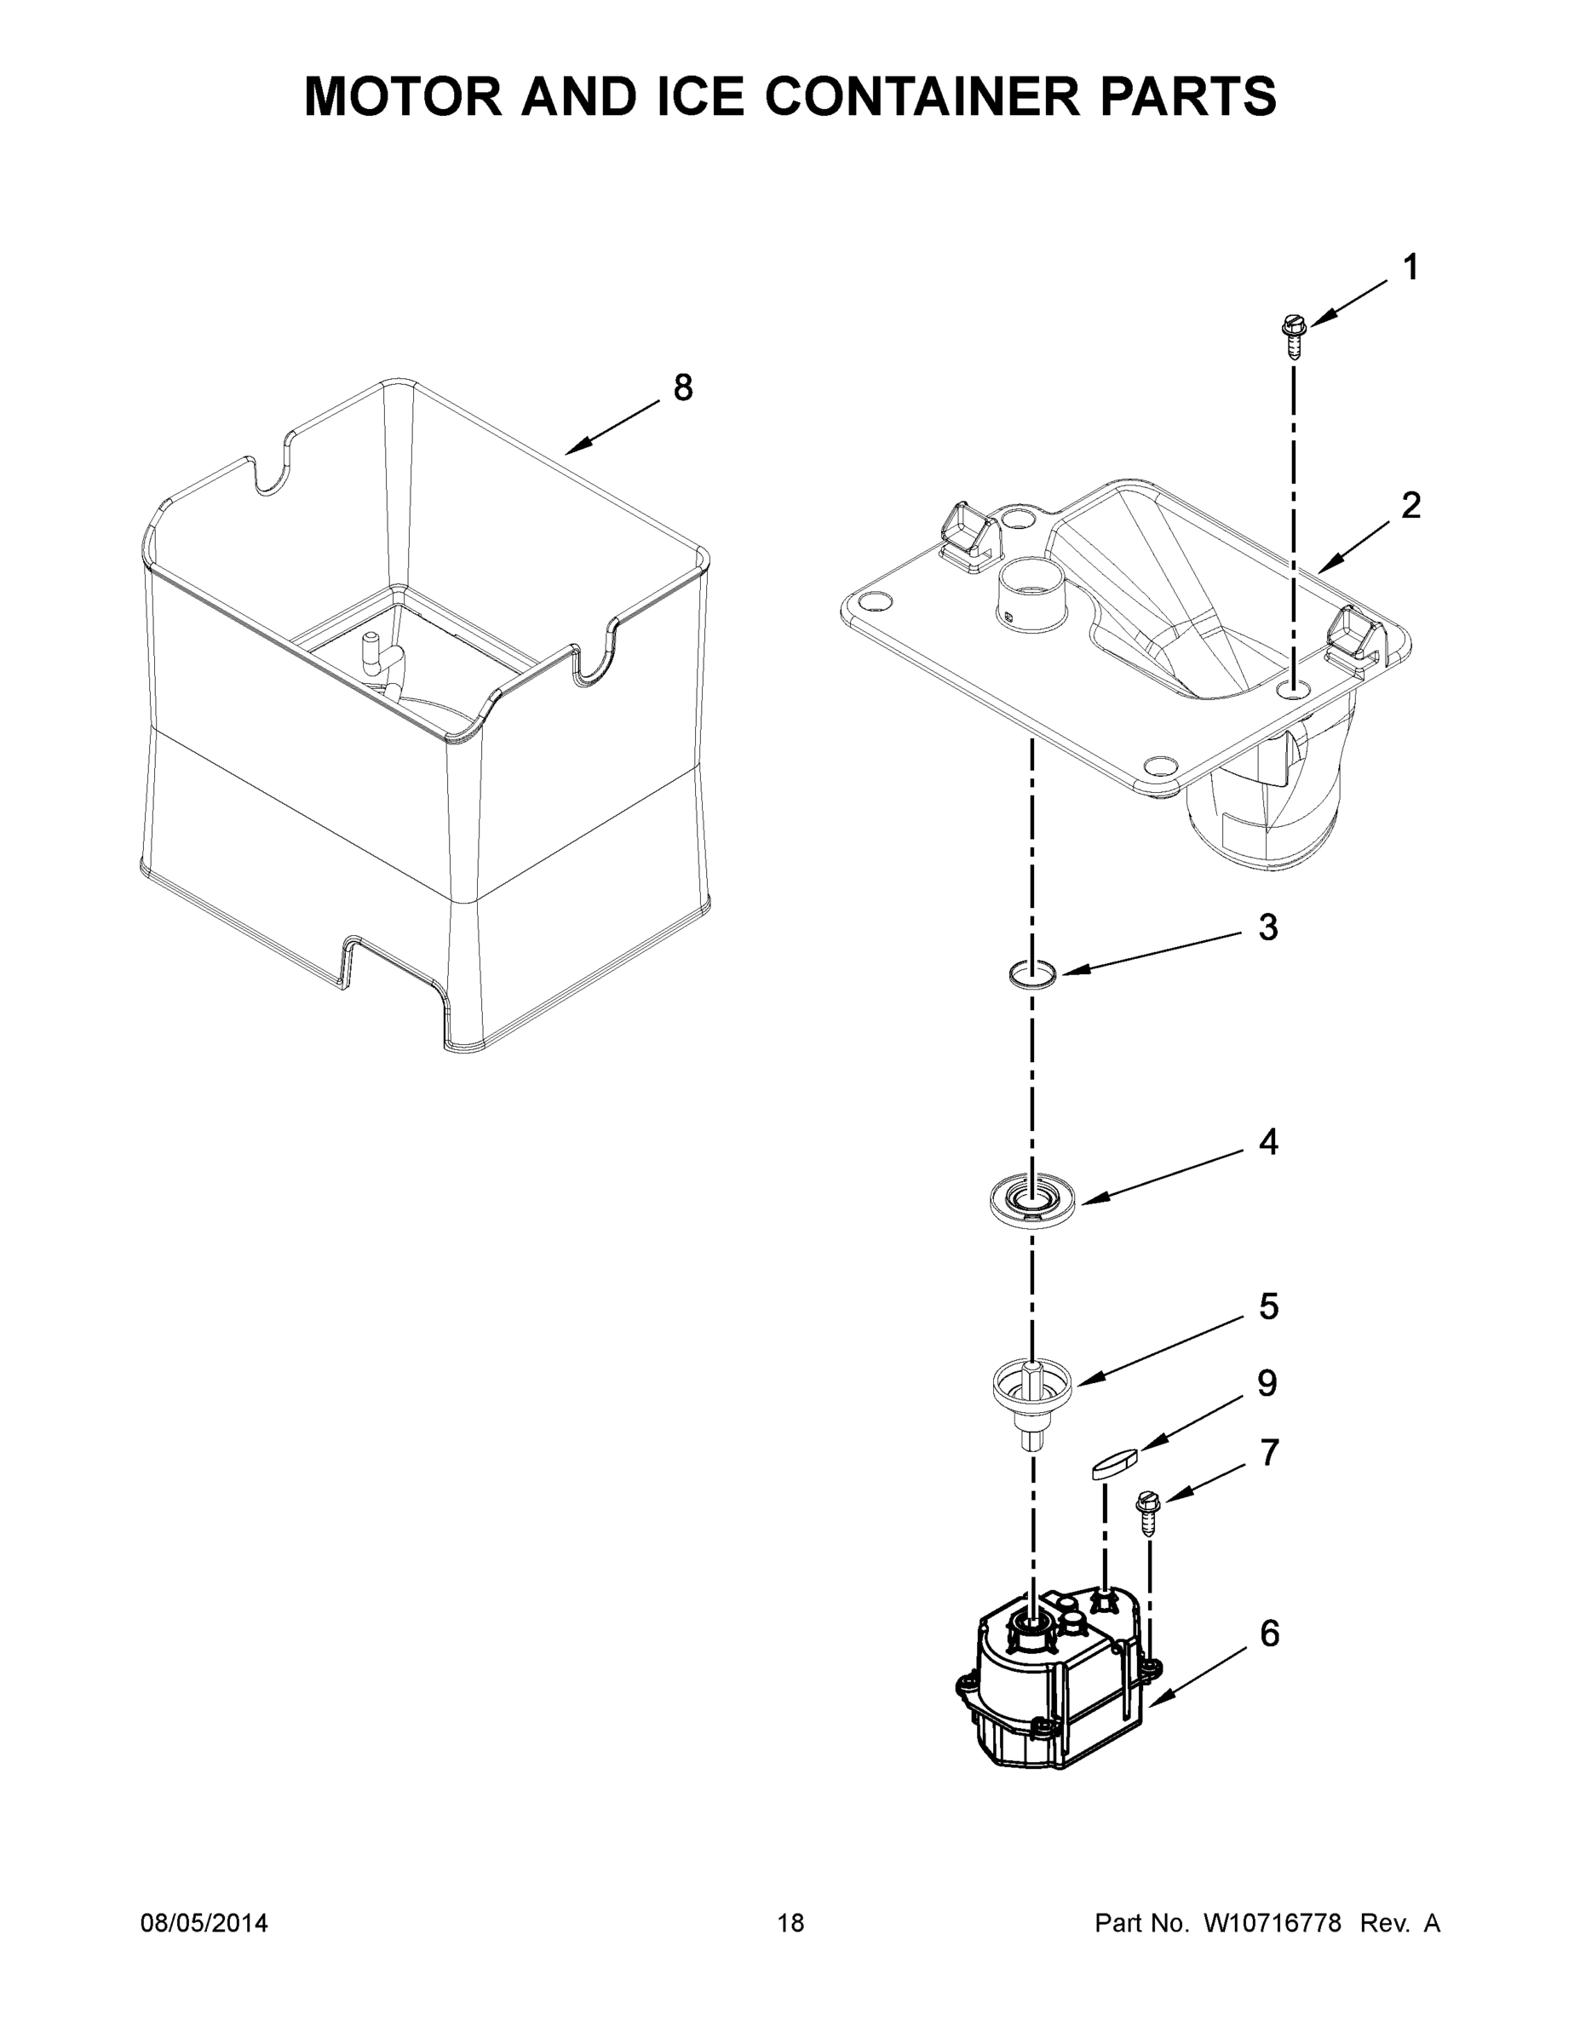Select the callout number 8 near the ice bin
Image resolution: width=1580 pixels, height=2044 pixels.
point(683,387)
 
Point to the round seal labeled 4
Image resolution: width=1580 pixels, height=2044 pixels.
point(1031,1201)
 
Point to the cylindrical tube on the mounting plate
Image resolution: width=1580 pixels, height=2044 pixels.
point(1034,594)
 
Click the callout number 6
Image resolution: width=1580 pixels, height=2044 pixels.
point(1269,1634)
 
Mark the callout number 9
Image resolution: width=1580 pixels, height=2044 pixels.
point(1267,1383)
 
